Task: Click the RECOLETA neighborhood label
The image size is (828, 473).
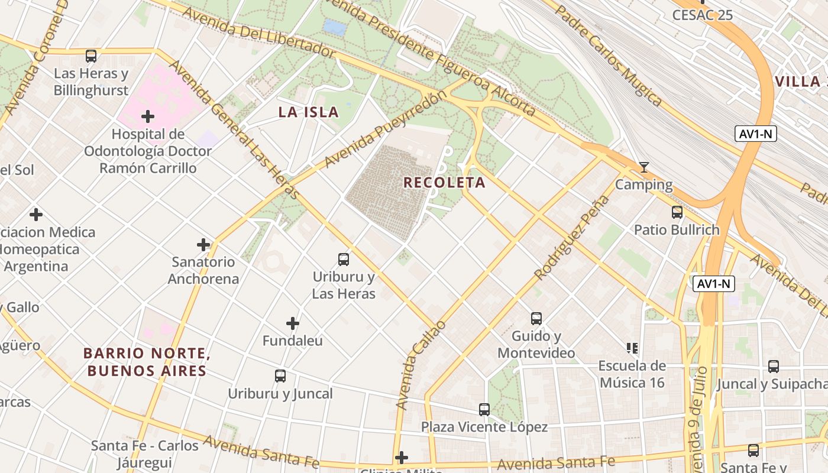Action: point(444,182)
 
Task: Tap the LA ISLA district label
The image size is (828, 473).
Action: point(308,112)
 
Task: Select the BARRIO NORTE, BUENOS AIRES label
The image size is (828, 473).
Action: point(147,362)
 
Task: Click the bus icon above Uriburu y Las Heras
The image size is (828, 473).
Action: point(343,259)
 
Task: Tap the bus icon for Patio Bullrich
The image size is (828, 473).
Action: point(677,212)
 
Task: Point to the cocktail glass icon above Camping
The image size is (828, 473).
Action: point(643,167)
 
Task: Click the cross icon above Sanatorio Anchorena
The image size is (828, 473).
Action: point(203,244)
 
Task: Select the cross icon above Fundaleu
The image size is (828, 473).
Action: point(292,323)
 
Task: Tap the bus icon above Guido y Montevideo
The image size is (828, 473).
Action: point(536,318)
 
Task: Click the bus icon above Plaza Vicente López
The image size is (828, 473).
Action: point(484,409)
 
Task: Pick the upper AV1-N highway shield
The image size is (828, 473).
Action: point(755,134)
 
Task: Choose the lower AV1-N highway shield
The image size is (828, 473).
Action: point(714,284)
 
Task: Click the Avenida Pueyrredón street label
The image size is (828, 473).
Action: point(384,129)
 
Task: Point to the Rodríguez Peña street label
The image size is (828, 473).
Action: point(571,237)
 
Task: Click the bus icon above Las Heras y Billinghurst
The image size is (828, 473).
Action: point(90,56)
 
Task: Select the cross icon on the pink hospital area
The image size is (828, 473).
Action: point(147,116)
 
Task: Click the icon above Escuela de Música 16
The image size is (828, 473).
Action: point(632,348)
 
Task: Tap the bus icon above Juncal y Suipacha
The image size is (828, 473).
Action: point(773,366)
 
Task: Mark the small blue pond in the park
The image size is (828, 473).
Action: point(335,27)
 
